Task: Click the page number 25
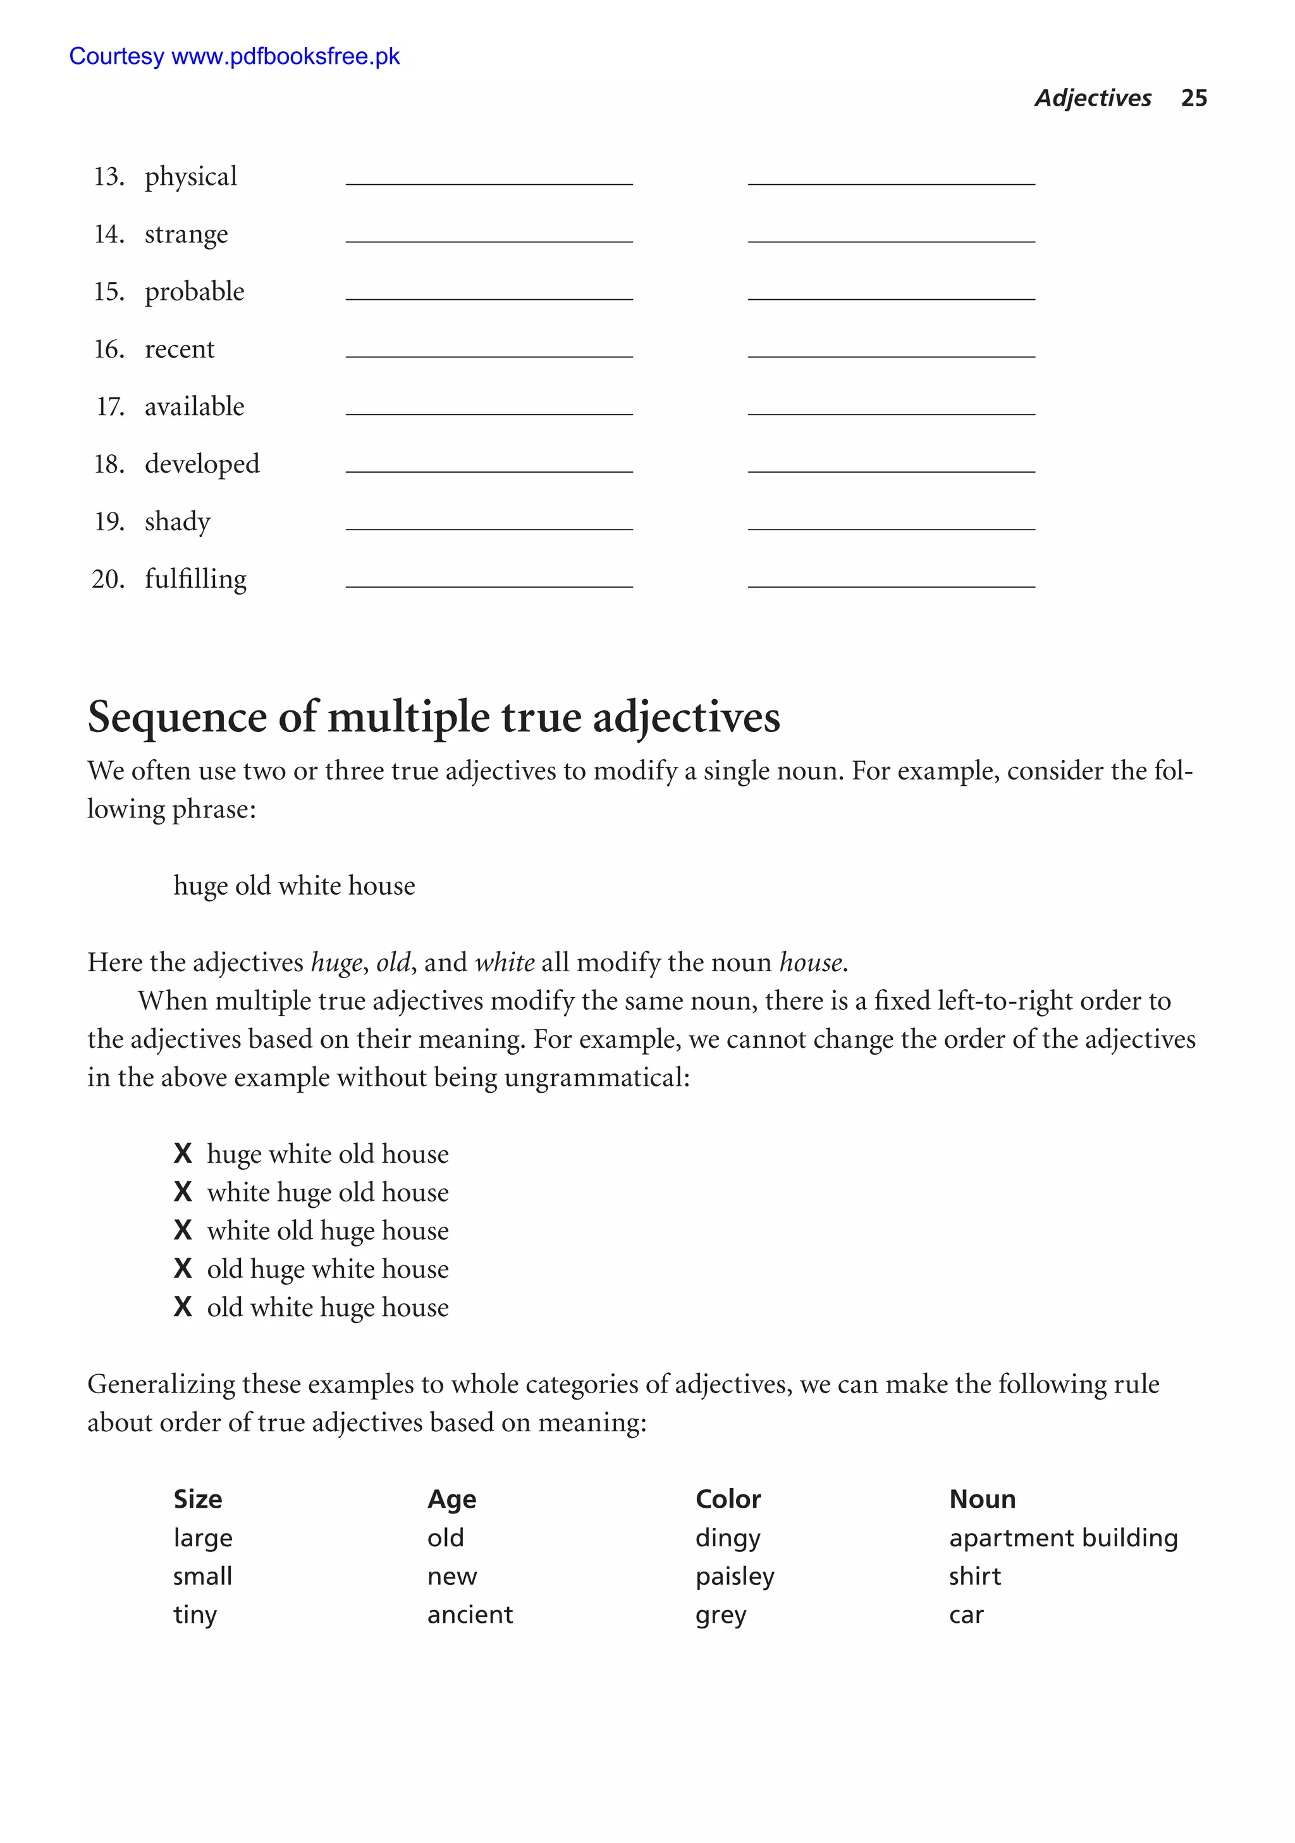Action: (x=1193, y=98)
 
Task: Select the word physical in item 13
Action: (x=190, y=177)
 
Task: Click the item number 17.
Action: (x=110, y=407)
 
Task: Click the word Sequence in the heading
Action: (x=176, y=717)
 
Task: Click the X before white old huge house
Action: (x=183, y=1230)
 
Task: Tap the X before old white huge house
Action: (x=183, y=1306)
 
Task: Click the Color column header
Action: (x=728, y=1499)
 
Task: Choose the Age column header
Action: (x=451, y=1499)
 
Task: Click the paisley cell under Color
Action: (x=734, y=1577)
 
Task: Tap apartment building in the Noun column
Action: (x=1062, y=1538)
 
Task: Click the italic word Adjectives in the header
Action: (x=1092, y=98)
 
